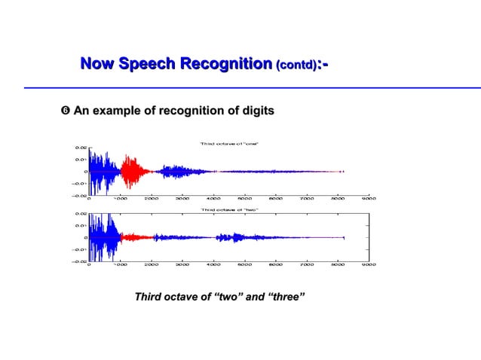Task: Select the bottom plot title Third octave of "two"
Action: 229,209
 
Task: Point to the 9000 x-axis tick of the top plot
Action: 369,200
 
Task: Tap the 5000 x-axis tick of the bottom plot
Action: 244,265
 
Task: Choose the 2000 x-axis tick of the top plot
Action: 151,200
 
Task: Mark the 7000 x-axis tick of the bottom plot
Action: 307,265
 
